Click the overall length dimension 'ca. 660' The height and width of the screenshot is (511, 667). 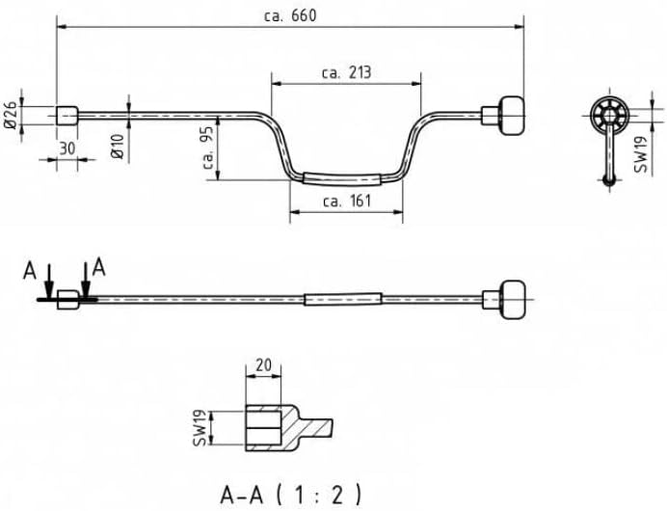290,16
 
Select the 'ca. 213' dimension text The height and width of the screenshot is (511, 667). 347,72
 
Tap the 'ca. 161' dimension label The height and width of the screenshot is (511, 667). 347,201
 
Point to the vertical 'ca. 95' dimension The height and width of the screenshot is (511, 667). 208,148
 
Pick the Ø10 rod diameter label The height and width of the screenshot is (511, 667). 117,147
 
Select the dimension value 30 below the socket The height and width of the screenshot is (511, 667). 67,148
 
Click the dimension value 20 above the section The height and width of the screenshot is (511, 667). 263,364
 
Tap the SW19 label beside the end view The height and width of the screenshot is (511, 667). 640,154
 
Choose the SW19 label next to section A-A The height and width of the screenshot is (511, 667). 200,428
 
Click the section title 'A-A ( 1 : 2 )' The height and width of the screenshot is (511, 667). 291,495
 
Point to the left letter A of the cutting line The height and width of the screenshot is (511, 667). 29,271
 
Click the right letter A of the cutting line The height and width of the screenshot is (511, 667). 98,268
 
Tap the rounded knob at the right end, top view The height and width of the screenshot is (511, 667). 511,116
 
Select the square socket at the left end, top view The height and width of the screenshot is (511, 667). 67,116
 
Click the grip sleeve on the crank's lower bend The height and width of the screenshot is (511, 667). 341,178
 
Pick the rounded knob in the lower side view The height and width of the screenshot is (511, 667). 512,300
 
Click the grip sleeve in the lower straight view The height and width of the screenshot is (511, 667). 342,300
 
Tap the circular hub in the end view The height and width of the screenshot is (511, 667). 609,115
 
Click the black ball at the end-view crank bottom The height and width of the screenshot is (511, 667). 609,180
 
